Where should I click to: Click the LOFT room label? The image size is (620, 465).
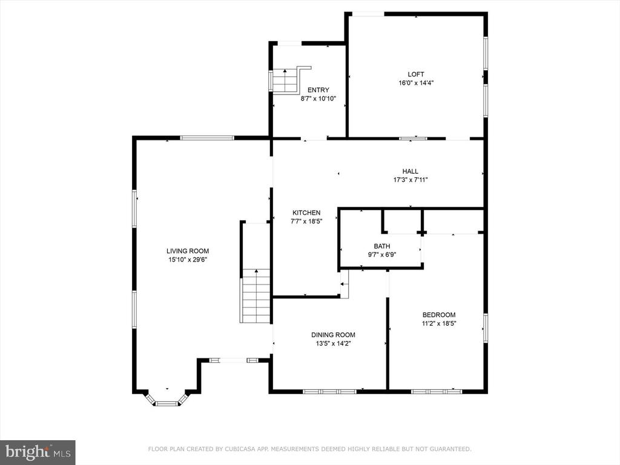tap(416, 74)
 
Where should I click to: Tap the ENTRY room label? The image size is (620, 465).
tap(318, 90)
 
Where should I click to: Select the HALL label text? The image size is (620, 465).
tap(411, 171)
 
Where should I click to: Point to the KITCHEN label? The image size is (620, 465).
tap(306, 213)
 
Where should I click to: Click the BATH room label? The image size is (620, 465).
tap(382, 246)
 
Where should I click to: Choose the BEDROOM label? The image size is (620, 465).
tap(439, 315)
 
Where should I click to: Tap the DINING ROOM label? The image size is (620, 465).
tap(334, 335)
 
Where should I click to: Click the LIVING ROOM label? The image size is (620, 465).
tap(188, 251)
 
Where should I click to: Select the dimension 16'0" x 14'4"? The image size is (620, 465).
tap(416, 83)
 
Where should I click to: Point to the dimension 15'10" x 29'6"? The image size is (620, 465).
tap(188, 260)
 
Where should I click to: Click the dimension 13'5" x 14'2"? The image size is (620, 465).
tap(334, 344)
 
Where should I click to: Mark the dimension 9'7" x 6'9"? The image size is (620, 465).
tap(382, 255)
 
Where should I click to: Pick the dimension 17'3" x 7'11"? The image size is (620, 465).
tap(411, 180)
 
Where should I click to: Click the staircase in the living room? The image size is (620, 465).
tap(255, 295)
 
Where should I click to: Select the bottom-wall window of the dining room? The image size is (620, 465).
tap(330, 392)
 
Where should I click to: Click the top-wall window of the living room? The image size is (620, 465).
tap(207, 137)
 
